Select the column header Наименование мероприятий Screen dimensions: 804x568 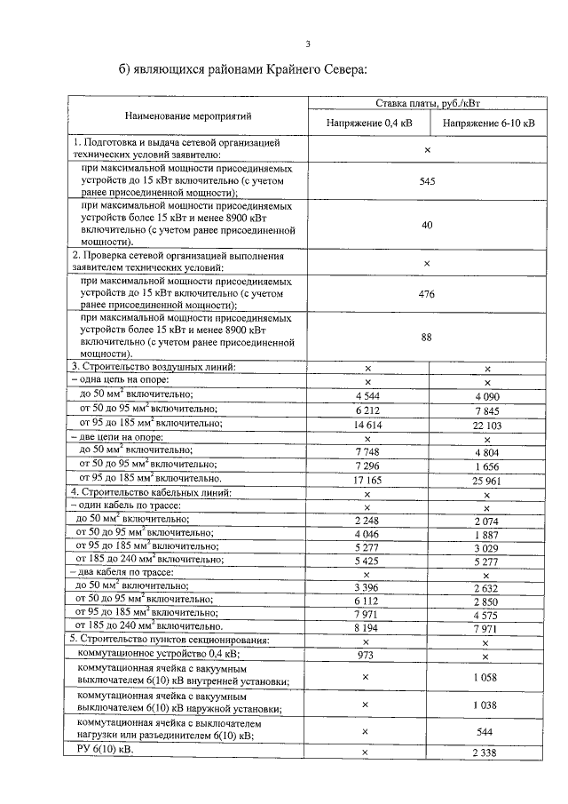click(187, 115)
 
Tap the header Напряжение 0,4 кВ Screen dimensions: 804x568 click(367, 123)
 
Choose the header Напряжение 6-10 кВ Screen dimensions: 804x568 click(488, 123)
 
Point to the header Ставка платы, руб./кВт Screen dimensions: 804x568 click(428, 104)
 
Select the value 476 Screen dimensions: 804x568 click(427, 294)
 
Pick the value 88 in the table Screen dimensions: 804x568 click(427, 337)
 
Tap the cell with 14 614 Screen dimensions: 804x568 click(367, 426)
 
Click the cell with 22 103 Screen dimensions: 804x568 click(488, 426)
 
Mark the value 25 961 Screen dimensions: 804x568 click(488, 479)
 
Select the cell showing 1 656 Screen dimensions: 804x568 click(488, 466)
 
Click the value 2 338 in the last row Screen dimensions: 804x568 click(488, 753)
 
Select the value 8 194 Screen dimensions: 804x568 click(367, 627)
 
